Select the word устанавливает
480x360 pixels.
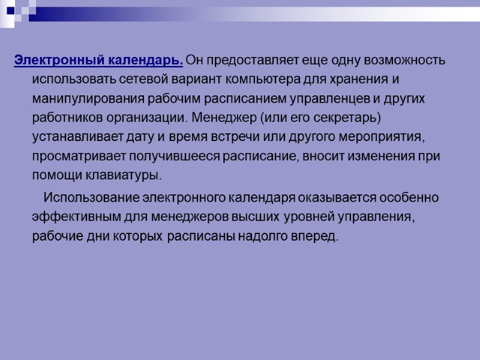click(x=73, y=137)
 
